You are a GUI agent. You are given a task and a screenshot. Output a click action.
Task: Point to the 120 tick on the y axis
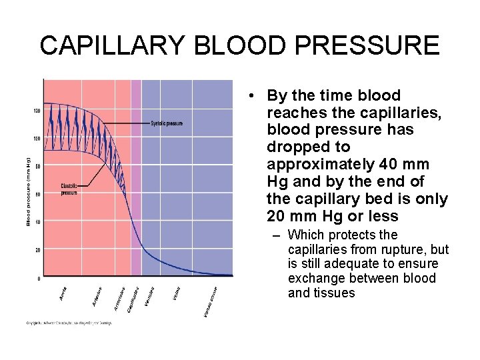point(37,111)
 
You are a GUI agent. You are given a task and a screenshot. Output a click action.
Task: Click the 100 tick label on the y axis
point(37,139)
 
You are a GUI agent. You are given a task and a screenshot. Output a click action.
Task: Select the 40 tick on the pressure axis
point(38,222)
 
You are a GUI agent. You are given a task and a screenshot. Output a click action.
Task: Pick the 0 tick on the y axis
point(39,278)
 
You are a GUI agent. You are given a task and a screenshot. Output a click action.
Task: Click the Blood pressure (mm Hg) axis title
point(29,191)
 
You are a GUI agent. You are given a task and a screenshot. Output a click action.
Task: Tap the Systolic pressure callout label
point(167,123)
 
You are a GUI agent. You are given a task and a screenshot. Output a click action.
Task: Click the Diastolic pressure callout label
point(70,189)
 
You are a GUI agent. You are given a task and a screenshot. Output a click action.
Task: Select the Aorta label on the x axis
point(64,293)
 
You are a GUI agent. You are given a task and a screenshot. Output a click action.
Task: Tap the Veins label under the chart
point(177,293)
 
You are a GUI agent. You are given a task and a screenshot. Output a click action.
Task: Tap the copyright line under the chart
point(69,323)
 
